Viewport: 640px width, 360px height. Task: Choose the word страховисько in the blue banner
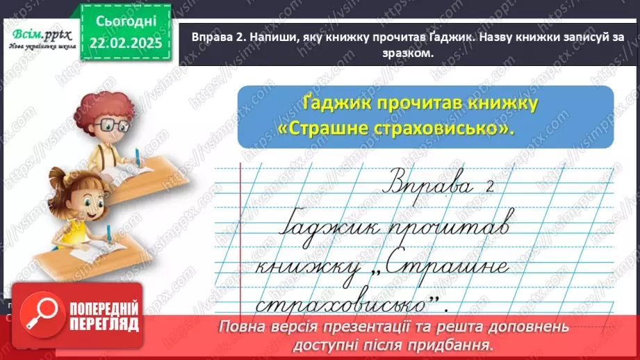tap(453, 130)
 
